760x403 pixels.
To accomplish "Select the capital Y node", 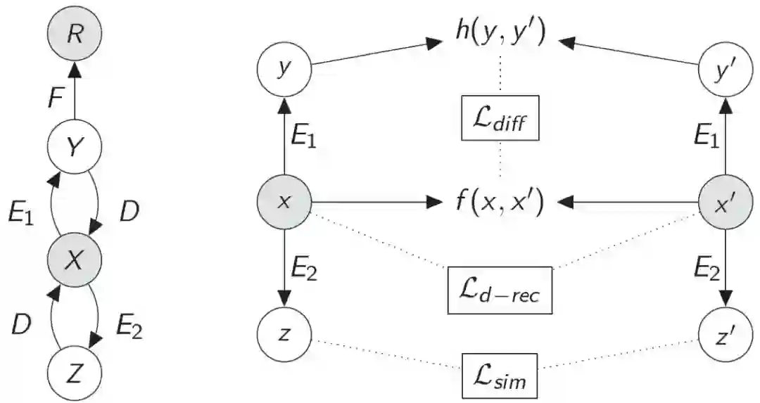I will pyautogui.click(x=75, y=146).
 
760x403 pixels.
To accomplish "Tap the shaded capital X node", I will pyautogui.click(x=75, y=260).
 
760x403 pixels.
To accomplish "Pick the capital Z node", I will pyautogui.click(x=75, y=372).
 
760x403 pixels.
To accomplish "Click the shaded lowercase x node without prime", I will pyautogui.click(x=284, y=203).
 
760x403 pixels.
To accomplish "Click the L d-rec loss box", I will pyautogui.click(x=500, y=290).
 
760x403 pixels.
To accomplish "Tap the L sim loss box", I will pyautogui.click(x=500, y=373).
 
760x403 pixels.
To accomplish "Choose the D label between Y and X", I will pyautogui.click(x=129, y=212).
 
